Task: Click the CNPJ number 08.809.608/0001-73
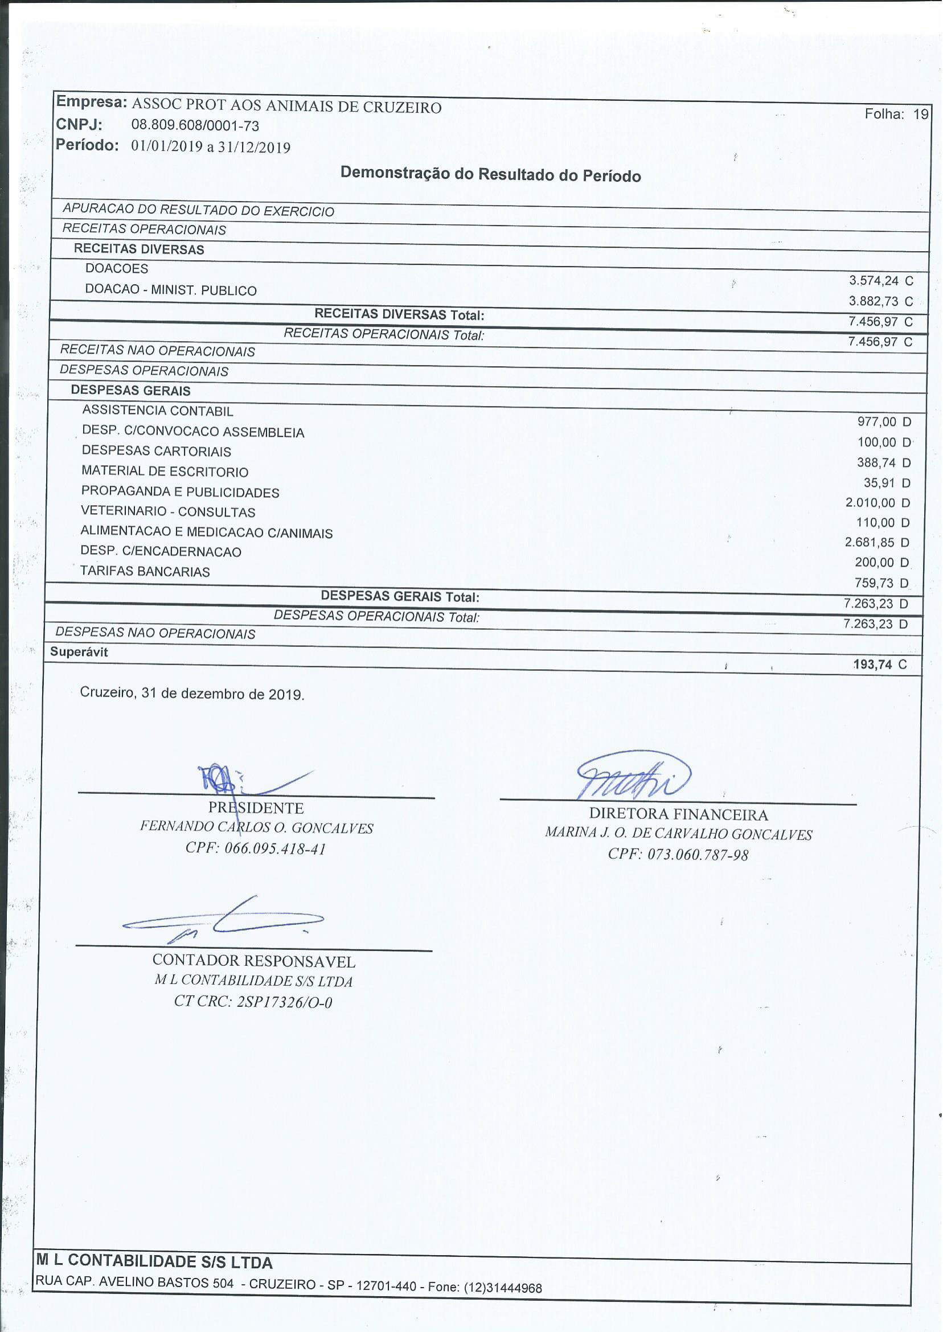(x=195, y=125)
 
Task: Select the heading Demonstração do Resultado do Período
(x=491, y=174)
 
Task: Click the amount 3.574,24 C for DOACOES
(x=880, y=281)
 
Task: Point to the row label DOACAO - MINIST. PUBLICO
(x=171, y=290)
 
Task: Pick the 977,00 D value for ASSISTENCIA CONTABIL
(x=884, y=422)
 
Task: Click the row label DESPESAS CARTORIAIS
(x=156, y=451)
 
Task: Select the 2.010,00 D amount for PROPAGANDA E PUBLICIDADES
(x=878, y=503)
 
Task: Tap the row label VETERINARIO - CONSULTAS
(x=168, y=512)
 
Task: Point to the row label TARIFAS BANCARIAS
(x=145, y=571)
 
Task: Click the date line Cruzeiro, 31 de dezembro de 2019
(x=192, y=694)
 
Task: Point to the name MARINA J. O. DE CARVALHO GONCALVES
(x=678, y=834)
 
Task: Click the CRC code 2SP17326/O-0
(x=284, y=1002)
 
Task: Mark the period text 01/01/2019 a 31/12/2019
(x=211, y=146)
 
